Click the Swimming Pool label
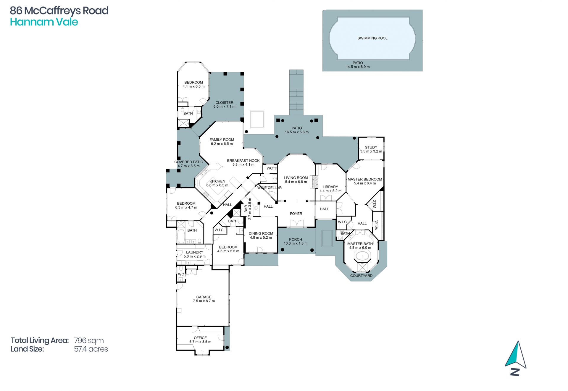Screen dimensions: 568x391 coord(372,38)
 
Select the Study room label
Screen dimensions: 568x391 coord(371,147)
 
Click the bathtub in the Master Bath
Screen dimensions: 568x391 coord(362,256)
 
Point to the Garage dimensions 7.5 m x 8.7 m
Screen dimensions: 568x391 coord(204,301)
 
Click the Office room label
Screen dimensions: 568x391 coord(200,338)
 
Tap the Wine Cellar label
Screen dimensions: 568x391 coord(270,188)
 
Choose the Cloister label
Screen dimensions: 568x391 coord(224,103)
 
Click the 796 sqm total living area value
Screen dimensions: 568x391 coord(89,341)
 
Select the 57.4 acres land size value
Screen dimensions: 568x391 coord(91,349)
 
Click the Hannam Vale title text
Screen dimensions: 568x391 coord(44,22)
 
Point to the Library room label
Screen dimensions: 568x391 coord(330,187)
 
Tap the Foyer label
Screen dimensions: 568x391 coord(296,214)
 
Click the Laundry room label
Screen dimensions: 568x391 coord(194,252)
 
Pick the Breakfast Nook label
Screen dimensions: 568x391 coord(243,161)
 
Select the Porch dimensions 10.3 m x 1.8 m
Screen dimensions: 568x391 coord(296,243)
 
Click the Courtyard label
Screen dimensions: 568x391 coord(361,276)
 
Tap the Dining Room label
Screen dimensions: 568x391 coord(261,233)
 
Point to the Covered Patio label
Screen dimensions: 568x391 coord(189,162)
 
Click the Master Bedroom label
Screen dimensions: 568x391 coord(365,179)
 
